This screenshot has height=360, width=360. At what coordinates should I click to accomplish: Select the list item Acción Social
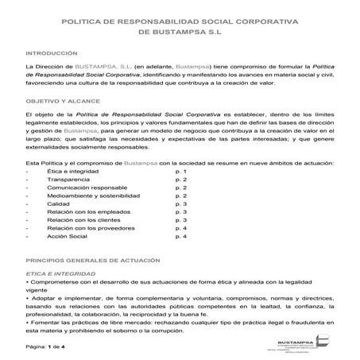point(68,236)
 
